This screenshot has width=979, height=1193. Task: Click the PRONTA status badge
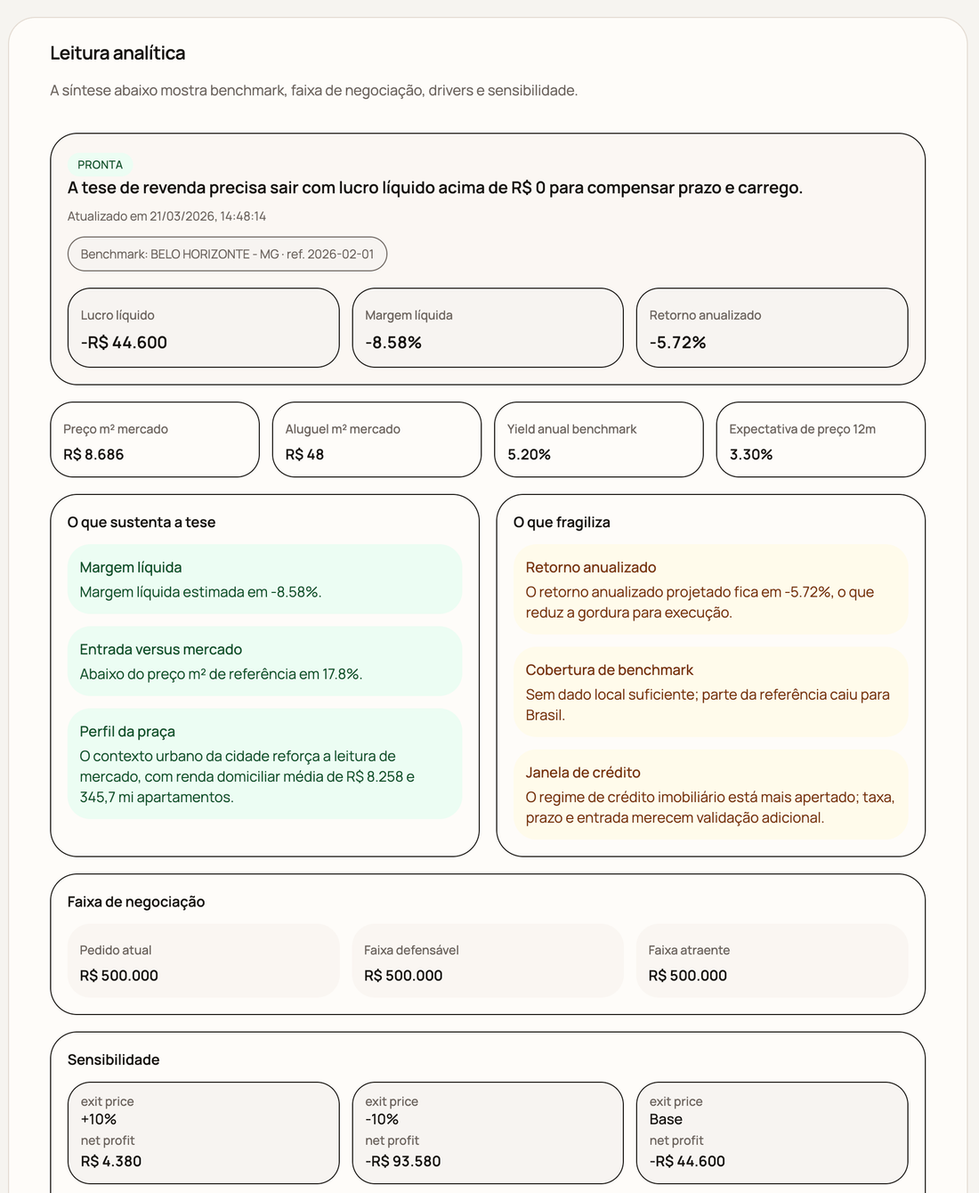tap(100, 165)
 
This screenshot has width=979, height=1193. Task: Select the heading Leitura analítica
tap(117, 53)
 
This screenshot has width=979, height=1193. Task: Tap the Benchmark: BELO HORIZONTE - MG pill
tap(227, 254)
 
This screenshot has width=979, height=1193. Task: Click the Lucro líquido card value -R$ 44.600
tap(124, 343)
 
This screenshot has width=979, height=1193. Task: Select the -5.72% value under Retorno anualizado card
tap(677, 343)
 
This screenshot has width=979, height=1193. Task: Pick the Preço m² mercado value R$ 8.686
tap(93, 454)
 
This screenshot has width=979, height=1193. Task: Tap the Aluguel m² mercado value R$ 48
tap(304, 454)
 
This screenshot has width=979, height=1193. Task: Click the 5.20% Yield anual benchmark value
tap(529, 454)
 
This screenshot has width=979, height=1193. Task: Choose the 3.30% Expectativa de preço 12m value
tap(750, 454)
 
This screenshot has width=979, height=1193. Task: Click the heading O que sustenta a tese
tap(142, 523)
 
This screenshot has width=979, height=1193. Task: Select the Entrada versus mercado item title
tap(160, 650)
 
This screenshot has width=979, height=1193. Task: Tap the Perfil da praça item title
tap(127, 732)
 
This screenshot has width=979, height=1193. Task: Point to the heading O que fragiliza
tap(562, 523)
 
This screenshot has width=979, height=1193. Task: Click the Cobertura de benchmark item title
tap(609, 670)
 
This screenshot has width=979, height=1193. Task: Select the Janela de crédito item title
tap(583, 773)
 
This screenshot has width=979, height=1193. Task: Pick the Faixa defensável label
tap(411, 950)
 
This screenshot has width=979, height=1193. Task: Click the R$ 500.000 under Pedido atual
tap(118, 976)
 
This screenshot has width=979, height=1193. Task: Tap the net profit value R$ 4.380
tap(111, 1161)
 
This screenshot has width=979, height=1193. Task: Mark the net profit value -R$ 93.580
tap(402, 1161)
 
